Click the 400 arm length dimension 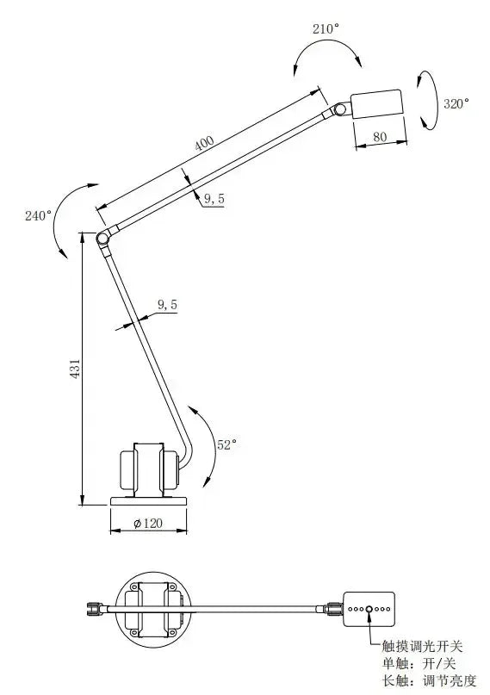(x=204, y=143)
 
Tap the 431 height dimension (x=75, y=369)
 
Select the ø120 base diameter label (x=148, y=524)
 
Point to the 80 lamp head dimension (x=380, y=137)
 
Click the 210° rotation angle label (x=326, y=29)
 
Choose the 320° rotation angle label (x=456, y=103)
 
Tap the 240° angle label (x=39, y=216)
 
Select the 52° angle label (x=226, y=444)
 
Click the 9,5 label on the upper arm (x=214, y=199)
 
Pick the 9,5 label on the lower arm (x=167, y=305)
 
